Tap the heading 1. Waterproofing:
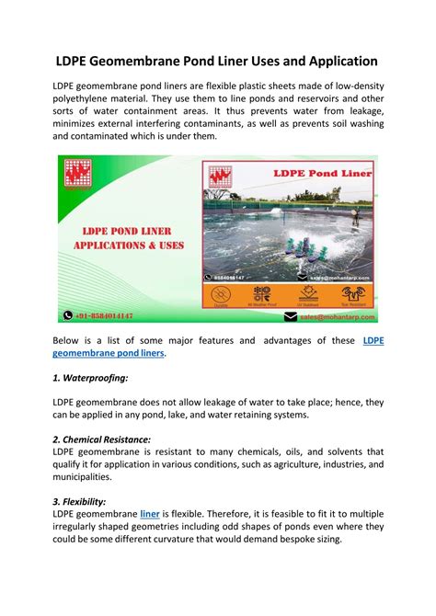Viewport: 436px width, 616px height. coord(91,377)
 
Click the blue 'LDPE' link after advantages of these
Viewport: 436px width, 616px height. coord(373,340)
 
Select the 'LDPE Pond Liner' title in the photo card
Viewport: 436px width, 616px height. coord(306,174)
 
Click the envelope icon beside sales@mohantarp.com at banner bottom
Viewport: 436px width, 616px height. coord(292,316)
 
